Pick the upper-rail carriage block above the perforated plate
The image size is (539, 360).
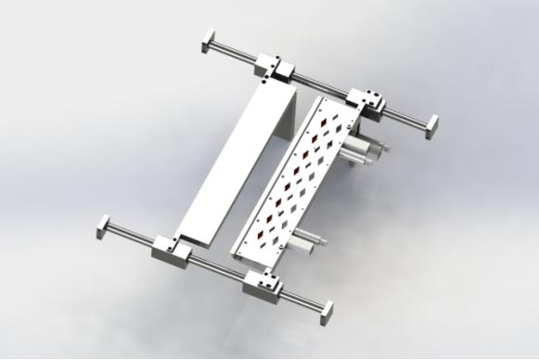click(368, 99)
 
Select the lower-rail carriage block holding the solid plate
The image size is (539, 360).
click(172, 248)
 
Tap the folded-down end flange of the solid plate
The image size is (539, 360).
click(288, 116)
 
